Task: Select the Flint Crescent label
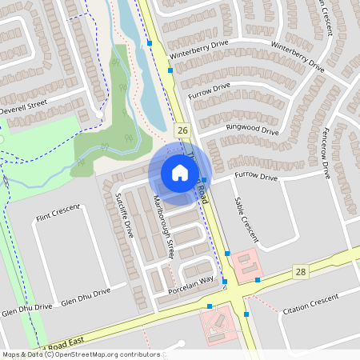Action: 58,212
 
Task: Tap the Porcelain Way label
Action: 190,282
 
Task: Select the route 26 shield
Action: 183,130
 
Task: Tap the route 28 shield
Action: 300,272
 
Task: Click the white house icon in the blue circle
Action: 180,172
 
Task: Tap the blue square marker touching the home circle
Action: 204,179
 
